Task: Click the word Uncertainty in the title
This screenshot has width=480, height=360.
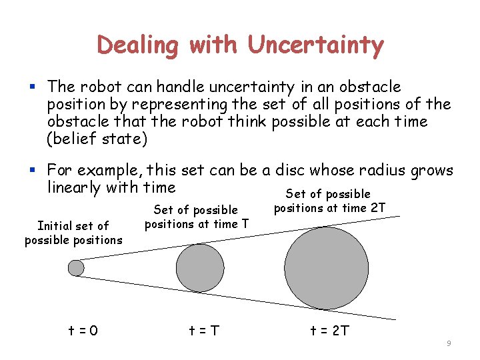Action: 316,45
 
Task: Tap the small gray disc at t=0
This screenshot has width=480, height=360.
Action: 77,268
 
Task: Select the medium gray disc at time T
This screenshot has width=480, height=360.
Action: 199,267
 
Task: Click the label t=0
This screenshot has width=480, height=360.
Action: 83,330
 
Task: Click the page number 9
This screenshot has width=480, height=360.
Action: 449,343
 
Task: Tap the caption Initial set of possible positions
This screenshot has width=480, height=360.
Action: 73,233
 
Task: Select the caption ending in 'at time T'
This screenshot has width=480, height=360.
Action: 196,217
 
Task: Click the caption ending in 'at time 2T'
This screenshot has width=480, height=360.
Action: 329,201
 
